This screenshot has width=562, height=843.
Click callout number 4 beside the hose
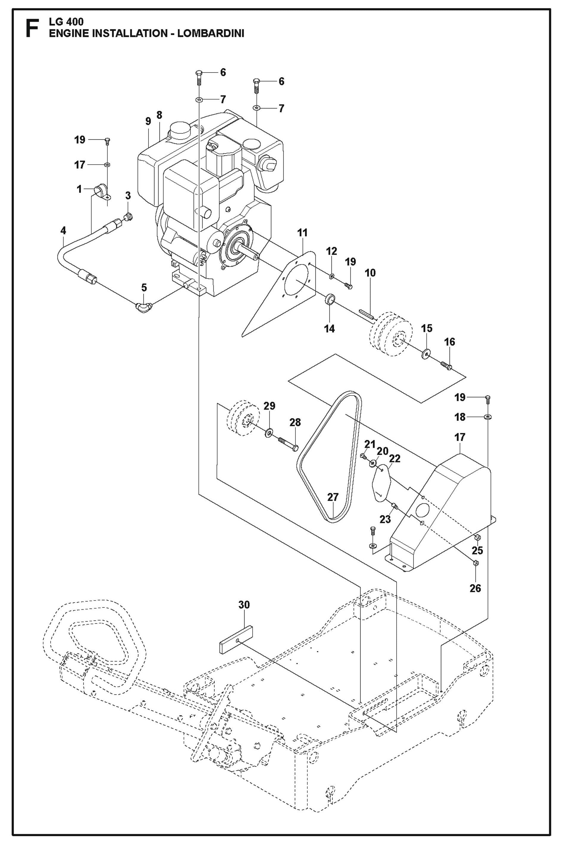(x=63, y=231)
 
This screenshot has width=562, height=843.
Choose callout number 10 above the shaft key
(x=370, y=273)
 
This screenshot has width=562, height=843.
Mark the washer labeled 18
(x=488, y=417)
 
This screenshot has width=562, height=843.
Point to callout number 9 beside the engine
(x=148, y=121)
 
